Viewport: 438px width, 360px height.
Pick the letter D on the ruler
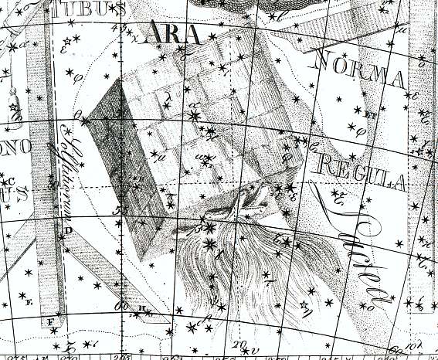(x=68, y=230)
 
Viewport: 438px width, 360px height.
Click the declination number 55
(x=120, y=209)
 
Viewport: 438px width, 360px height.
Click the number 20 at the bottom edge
(x=240, y=344)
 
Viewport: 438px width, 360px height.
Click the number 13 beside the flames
(x=199, y=228)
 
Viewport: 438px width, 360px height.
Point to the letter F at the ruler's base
(x=52, y=321)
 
